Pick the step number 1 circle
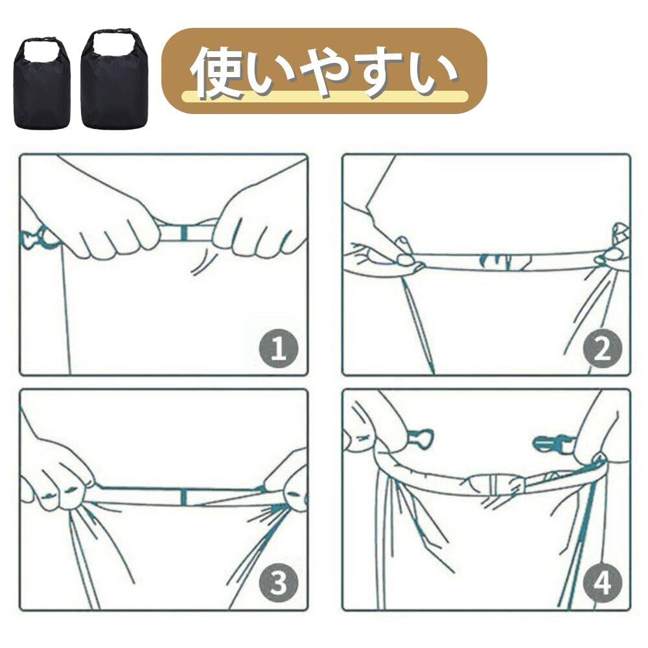pos(279,349)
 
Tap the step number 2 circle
pos(602,349)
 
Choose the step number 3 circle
pos(279,583)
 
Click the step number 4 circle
pos(602,583)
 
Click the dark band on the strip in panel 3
pos(184,497)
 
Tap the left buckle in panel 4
pos(421,438)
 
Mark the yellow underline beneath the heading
pos(325,97)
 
